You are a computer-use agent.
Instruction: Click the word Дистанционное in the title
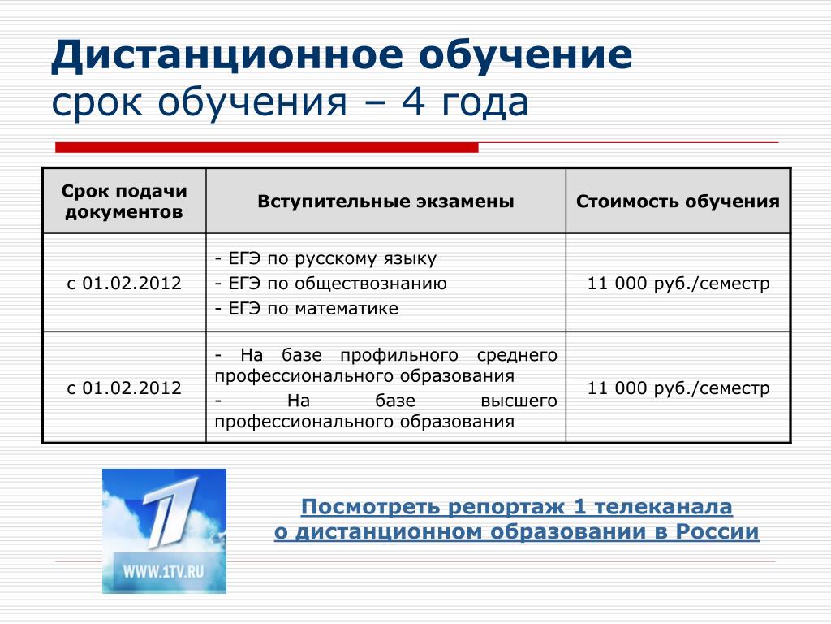[227, 56]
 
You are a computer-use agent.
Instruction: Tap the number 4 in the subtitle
[413, 102]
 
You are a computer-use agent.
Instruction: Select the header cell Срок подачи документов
[124, 201]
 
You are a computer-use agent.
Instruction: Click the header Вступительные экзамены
[385, 201]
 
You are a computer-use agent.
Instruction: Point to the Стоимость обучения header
[678, 201]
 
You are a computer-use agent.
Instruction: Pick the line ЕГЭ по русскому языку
[325, 258]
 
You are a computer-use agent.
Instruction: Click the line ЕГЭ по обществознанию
[331, 284]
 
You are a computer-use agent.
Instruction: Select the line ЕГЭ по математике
[306, 308]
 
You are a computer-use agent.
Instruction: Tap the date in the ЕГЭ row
[124, 283]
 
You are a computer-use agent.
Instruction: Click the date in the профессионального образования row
[124, 388]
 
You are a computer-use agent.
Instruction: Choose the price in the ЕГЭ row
[678, 284]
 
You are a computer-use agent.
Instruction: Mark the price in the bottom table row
[678, 388]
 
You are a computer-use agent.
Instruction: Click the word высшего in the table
[519, 401]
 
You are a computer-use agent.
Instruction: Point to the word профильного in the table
[399, 355]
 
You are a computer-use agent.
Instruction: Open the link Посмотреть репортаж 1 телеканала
[517, 507]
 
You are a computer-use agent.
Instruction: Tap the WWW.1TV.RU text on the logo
[164, 572]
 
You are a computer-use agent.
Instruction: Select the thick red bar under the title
[266, 147]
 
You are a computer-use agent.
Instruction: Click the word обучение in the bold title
[525, 56]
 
